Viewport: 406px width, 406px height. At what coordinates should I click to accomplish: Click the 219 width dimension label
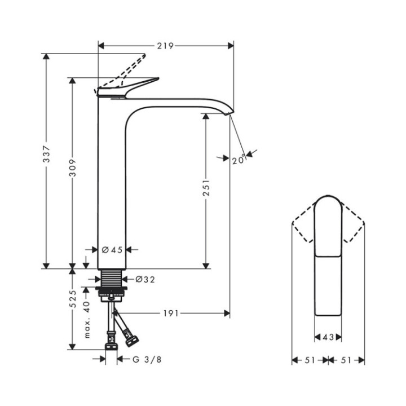165,45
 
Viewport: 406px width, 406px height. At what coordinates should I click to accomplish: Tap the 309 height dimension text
73,167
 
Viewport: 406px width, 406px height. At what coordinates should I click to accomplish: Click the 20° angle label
239,160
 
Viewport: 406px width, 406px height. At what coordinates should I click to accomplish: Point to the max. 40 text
87,319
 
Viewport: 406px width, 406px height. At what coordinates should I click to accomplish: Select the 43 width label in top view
328,337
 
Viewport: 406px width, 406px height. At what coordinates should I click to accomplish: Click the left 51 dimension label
310,360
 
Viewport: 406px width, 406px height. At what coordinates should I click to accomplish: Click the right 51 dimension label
347,360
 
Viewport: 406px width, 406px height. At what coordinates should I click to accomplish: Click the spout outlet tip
229,113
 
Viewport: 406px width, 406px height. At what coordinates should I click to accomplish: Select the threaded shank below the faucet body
112,278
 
